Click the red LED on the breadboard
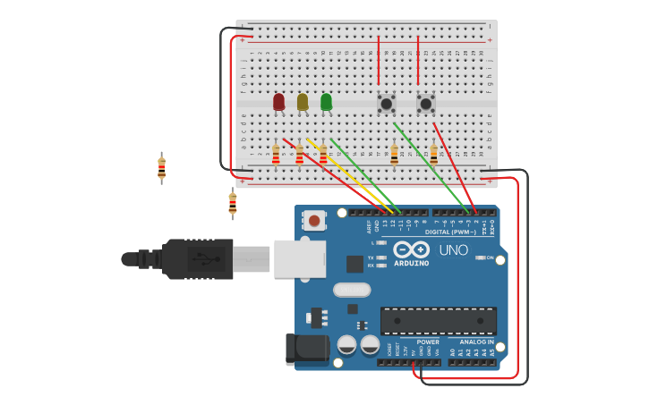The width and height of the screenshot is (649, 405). coord(278,102)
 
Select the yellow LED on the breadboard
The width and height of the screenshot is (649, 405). coord(303,102)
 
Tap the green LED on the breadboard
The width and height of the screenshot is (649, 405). coord(326,102)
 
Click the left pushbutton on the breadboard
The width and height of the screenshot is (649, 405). coord(387,104)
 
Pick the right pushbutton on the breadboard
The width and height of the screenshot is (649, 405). coord(426,104)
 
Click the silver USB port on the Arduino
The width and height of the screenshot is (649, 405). coord(299,258)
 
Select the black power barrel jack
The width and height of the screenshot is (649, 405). coord(304,349)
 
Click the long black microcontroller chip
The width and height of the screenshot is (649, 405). coord(438,321)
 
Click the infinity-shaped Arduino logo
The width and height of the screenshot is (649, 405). coord(411,249)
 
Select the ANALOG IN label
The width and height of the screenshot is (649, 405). coord(476,342)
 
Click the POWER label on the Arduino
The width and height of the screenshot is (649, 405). coord(428,342)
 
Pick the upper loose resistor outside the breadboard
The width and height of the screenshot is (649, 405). coord(161,167)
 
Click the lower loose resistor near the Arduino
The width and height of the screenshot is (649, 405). coord(233,203)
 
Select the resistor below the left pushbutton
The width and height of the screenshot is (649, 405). coord(394,155)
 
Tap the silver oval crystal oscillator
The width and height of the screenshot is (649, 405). coord(352,290)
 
